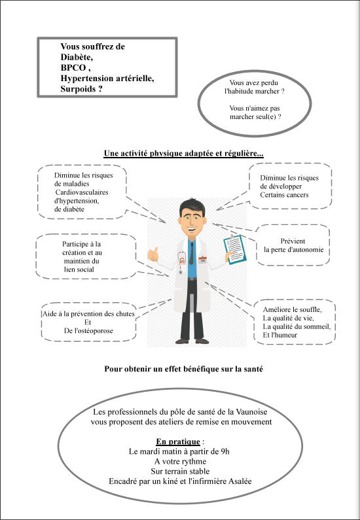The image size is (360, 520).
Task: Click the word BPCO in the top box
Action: [73, 67]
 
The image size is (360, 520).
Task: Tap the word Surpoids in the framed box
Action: [78, 89]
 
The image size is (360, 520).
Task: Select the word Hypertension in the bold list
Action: [87, 78]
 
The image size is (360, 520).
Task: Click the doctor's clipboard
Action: [235, 249]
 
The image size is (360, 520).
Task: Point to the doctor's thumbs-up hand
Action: [153, 254]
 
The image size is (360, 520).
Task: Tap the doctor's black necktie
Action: [191, 253]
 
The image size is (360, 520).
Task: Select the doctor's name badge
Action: [202, 260]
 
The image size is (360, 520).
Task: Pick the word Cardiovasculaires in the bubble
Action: [82, 192]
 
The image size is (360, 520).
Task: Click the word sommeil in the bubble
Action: [318, 326]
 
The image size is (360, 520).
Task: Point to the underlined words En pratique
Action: [178, 442]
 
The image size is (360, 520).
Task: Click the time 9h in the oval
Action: [225, 452]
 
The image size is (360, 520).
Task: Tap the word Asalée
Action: [240, 481]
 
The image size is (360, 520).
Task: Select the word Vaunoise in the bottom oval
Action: [251, 412]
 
